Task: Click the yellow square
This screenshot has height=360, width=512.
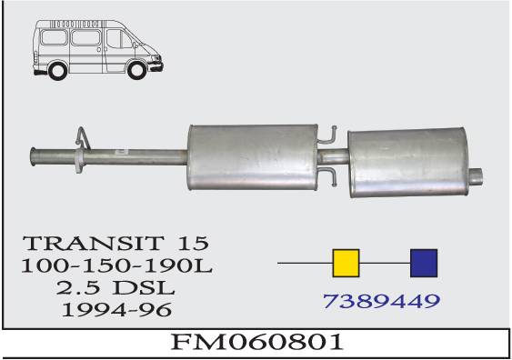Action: click(346, 263)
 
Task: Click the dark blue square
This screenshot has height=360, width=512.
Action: click(425, 263)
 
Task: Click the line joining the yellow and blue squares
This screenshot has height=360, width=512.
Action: click(385, 263)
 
